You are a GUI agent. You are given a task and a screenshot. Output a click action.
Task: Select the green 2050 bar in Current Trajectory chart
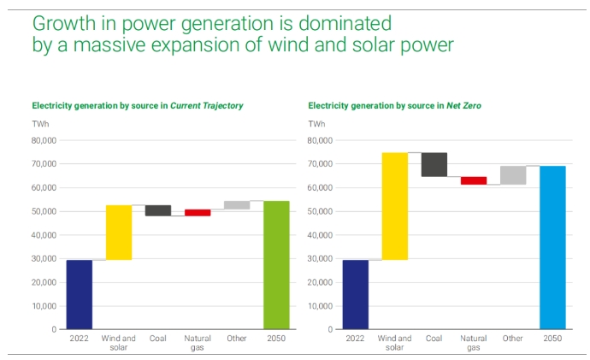[x=276, y=265]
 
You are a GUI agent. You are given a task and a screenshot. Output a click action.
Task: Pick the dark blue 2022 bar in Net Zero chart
[x=355, y=294]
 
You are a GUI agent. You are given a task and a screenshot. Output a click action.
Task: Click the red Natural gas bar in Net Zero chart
[x=474, y=180]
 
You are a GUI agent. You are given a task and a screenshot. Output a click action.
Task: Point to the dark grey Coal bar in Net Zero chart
[x=434, y=164]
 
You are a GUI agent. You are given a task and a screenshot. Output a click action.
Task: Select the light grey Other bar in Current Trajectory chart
[x=237, y=205]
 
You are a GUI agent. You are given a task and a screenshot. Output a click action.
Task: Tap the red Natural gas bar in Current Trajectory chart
[x=198, y=212]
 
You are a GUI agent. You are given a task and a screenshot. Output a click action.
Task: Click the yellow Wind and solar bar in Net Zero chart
[x=394, y=206]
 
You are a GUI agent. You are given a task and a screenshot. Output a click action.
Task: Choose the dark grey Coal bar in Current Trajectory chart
[x=158, y=210]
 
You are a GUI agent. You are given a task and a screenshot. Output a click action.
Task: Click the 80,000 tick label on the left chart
[x=44, y=140]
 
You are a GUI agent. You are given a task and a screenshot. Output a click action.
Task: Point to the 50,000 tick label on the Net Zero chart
[x=321, y=211]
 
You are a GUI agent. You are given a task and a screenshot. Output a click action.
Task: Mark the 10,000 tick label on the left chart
[x=44, y=306]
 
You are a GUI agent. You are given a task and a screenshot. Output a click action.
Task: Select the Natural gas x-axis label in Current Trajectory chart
[x=198, y=342]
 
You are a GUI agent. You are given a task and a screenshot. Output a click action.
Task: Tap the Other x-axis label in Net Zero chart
[x=513, y=339]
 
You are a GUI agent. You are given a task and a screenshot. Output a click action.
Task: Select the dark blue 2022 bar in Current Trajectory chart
[x=80, y=294]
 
